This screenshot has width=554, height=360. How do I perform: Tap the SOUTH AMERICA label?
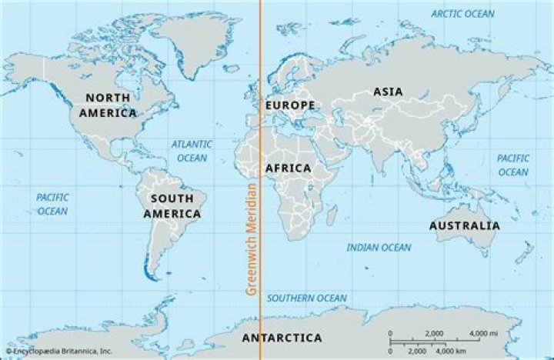pyautogui.click(x=172, y=206)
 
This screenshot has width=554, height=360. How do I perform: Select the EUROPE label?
pyautogui.click(x=289, y=105)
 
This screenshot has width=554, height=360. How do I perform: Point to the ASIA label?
pyautogui.click(x=388, y=92)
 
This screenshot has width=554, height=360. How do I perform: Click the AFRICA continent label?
pyautogui.click(x=288, y=168)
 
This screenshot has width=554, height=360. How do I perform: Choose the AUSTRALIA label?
pyautogui.click(x=464, y=225)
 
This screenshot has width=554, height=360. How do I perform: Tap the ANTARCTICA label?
pyautogui.click(x=282, y=338)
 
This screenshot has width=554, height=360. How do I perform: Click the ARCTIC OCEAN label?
pyautogui.click(x=462, y=14)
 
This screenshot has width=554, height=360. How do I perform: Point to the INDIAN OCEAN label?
pyautogui.click(x=379, y=248)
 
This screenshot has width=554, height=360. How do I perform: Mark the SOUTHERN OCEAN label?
pyautogui.click(x=306, y=298)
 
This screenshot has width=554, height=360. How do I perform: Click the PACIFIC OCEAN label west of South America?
pyautogui.click(x=52, y=204)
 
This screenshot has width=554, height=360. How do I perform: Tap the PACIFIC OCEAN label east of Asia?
pyautogui.click(x=512, y=165)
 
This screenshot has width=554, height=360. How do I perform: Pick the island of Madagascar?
pyautogui.click(x=332, y=212)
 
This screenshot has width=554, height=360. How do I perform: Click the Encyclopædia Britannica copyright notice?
pyautogui.click(x=58, y=351)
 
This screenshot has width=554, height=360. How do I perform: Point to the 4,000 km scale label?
pyautogui.click(x=463, y=351)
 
